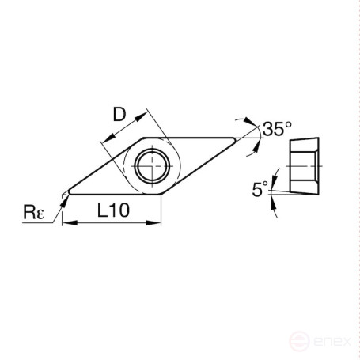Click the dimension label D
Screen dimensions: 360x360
point(119,115)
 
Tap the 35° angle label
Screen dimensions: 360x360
point(278,129)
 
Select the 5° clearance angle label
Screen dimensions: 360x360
point(259,189)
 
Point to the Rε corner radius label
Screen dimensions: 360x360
point(33,212)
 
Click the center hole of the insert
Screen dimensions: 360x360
point(150,165)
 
